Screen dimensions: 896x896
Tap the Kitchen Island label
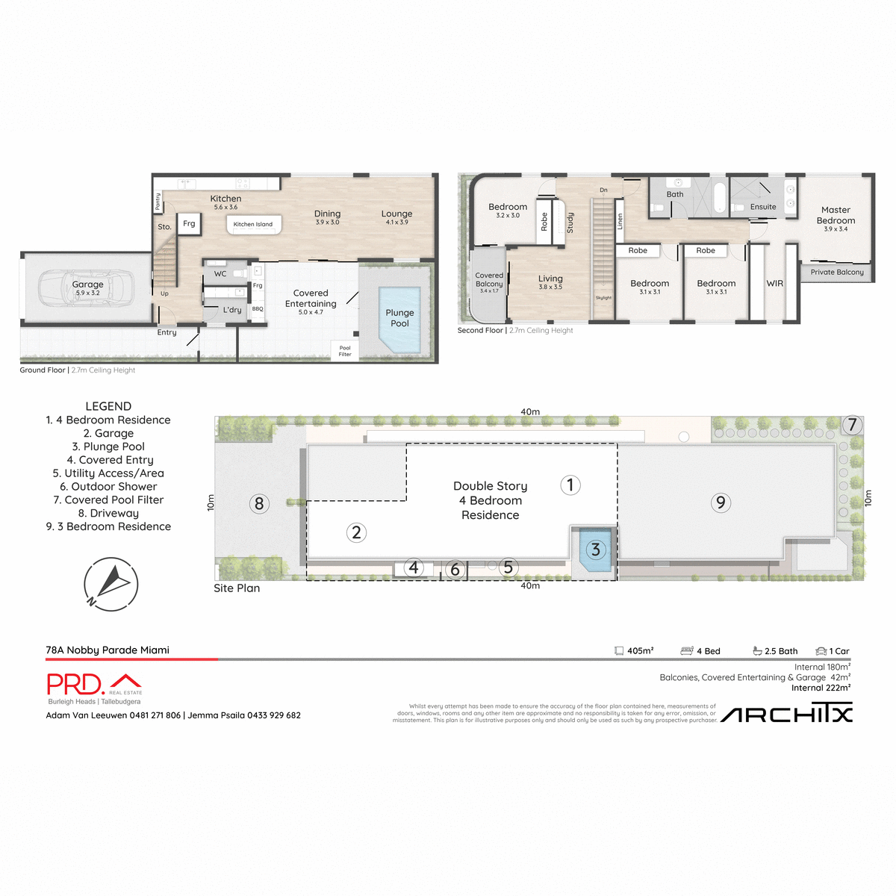tap(253, 224)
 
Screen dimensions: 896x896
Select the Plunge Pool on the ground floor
tap(399, 319)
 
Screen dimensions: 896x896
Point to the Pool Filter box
tap(345, 351)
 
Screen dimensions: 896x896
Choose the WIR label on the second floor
tap(775, 284)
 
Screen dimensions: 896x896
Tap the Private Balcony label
tap(837, 273)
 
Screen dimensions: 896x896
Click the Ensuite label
tap(763, 207)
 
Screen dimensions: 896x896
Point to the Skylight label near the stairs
tap(603, 298)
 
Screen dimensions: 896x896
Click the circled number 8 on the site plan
tap(259, 503)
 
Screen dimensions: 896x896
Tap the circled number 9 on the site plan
tap(721, 503)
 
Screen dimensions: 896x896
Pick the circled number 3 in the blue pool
tap(595, 550)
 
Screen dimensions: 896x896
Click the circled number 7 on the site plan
tap(852, 425)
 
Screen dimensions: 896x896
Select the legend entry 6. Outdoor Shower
tap(108, 487)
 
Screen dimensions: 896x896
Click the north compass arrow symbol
tap(111, 583)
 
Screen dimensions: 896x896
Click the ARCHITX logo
tap(786, 715)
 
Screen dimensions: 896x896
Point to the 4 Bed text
tap(708, 651)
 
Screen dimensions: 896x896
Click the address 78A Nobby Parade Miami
tap(108, 650)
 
